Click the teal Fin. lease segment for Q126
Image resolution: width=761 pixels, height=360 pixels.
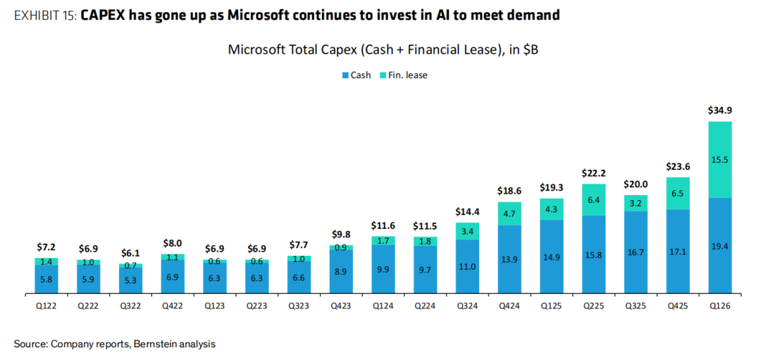click(x=719, y=160)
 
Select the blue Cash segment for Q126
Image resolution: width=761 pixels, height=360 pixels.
click(x=719, y=244)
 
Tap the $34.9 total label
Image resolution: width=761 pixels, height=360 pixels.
click(x=719, y=111)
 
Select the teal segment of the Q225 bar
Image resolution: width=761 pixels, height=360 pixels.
click(x=593, y=199)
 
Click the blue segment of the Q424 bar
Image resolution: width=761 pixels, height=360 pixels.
click(x=509, y=259)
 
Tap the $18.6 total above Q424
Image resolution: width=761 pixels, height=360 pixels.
click(x=509, y=191)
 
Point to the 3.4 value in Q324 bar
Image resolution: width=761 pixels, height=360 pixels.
click(x=467, y=231)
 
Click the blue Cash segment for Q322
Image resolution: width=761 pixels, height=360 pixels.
click(x=131, y=280)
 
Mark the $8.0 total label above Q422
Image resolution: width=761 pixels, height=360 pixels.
click(x=173, y=243)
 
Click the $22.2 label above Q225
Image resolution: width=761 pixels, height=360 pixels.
click(x=593, y=173)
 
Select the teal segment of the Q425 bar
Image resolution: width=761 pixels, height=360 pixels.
click(x=678, y=193)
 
